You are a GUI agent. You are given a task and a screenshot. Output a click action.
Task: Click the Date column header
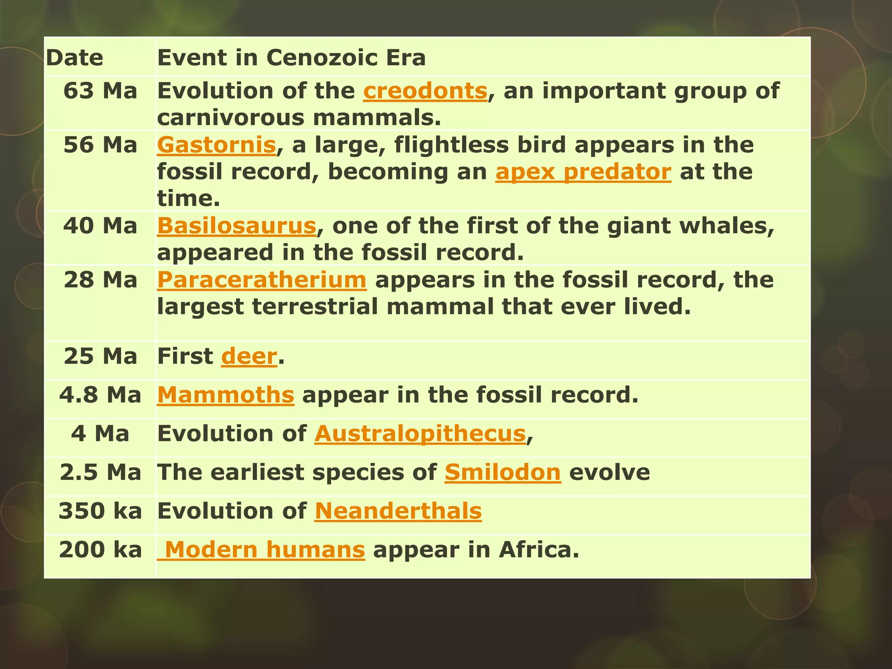pyautogui.click(x=74, y=58)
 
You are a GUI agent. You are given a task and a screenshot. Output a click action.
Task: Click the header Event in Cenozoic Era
pyautogui.click(x=291, y=58)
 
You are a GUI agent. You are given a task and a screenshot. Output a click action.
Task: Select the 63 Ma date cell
pyautogui.click(x=100, y=91)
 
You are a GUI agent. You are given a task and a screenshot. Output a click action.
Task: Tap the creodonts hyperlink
pyautogui.click(x=425, y=91)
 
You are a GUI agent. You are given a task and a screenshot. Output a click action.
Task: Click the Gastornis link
pyautogui.click(x=216, y=145)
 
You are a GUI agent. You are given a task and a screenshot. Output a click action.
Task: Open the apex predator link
pyautogui.click(x=583, y=172)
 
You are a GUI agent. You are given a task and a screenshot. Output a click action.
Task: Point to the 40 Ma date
pyautogui.click(x=100, y=226)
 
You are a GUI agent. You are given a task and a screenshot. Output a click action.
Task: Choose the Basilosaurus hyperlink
pyautogui.click(x=237, y=226)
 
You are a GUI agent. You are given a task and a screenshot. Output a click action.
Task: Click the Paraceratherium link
pyautogui.click(x=262, y=280)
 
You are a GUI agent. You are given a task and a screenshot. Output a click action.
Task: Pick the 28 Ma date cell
pyautogui.click(x=100, y=280)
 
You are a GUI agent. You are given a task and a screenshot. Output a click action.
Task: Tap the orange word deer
pyautogui.click(x=249, y=357)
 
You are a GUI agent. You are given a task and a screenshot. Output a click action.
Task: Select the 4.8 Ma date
pyautogui.click(x=100, y=395)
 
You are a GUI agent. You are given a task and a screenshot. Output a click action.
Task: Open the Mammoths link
pyautogui.click(x=226, y=395)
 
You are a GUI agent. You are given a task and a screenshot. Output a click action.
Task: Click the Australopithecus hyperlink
pyautogui.click(x=420, y=434)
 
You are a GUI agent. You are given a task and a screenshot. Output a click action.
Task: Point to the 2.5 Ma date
pyautogui.click(x=100, y=473)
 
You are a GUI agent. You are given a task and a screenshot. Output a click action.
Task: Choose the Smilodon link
pyautogui.click(x=503, y=473)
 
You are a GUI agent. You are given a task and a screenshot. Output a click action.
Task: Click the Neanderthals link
pyautogui.click(x=398, y=511)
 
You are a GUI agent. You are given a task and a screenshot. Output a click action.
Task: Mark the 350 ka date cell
pyautogui.click(x=100, y=511)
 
